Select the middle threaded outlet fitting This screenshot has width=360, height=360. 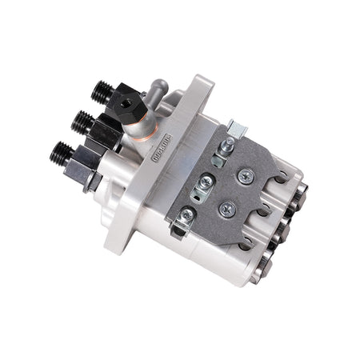pyautogui.click(x=82, y=122)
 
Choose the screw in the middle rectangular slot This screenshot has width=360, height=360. pyautogui.click(x=205, y=182)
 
